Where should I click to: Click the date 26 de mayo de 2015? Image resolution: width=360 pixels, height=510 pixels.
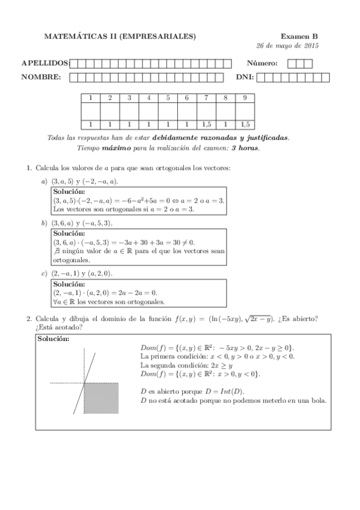[x=287, y=46]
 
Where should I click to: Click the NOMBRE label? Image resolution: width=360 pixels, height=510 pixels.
[x=41, y=77]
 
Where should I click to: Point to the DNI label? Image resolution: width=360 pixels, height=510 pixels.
[x=245, y=77]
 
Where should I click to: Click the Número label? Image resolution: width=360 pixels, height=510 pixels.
[x=261, y=63]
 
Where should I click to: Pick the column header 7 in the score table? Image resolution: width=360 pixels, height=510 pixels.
[x=206, y=98]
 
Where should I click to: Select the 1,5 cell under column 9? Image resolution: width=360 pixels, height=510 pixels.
[x=245, y=124]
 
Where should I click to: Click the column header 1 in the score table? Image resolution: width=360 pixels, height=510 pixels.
[x=91, y=98]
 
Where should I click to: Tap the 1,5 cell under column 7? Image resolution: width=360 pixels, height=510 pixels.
[x=206, y=124]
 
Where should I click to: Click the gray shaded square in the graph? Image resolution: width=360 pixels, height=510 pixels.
[x=100, y=397]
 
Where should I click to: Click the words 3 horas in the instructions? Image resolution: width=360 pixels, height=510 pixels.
[x=245, y=148]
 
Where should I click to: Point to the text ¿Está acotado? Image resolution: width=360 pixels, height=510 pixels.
[x=59, y=327]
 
